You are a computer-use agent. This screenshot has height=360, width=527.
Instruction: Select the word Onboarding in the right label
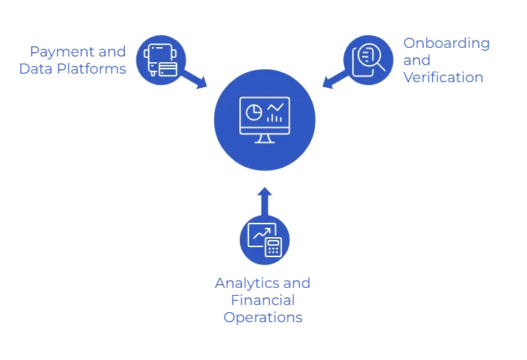pos(446,44)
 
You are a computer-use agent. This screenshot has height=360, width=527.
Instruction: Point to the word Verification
pos(443,78)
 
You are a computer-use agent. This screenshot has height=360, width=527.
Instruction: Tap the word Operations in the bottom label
pos(263,319)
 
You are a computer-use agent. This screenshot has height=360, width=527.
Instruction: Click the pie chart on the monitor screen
pos(254,112)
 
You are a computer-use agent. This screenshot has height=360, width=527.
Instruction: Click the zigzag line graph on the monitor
pos(275,106)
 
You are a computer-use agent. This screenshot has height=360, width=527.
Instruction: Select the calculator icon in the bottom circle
pos(272,247)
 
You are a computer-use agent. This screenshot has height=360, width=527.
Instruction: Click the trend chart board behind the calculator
pos(258,234)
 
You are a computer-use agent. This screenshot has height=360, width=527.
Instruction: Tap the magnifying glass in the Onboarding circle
pos(373,58)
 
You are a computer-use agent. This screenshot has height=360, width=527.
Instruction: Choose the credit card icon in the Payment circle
pos(168,69)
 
